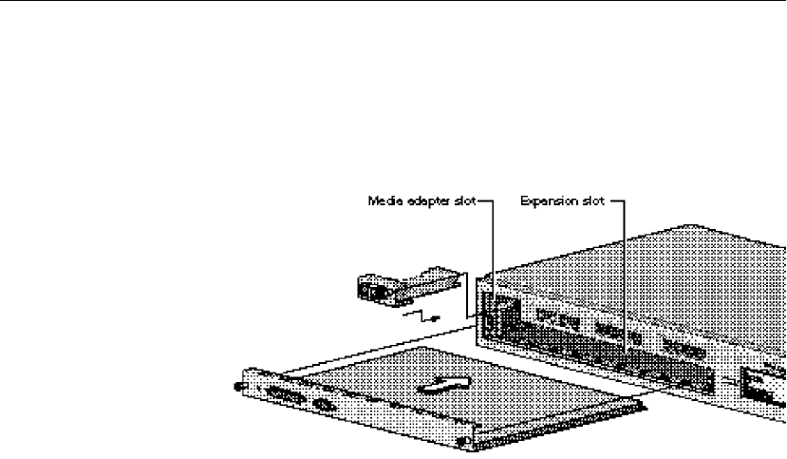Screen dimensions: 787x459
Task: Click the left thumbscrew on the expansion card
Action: click(x=237, y=385)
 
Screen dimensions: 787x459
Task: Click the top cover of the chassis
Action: click(x=636, y=266)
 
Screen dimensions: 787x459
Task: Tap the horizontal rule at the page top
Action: click(x=393, y=2)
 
